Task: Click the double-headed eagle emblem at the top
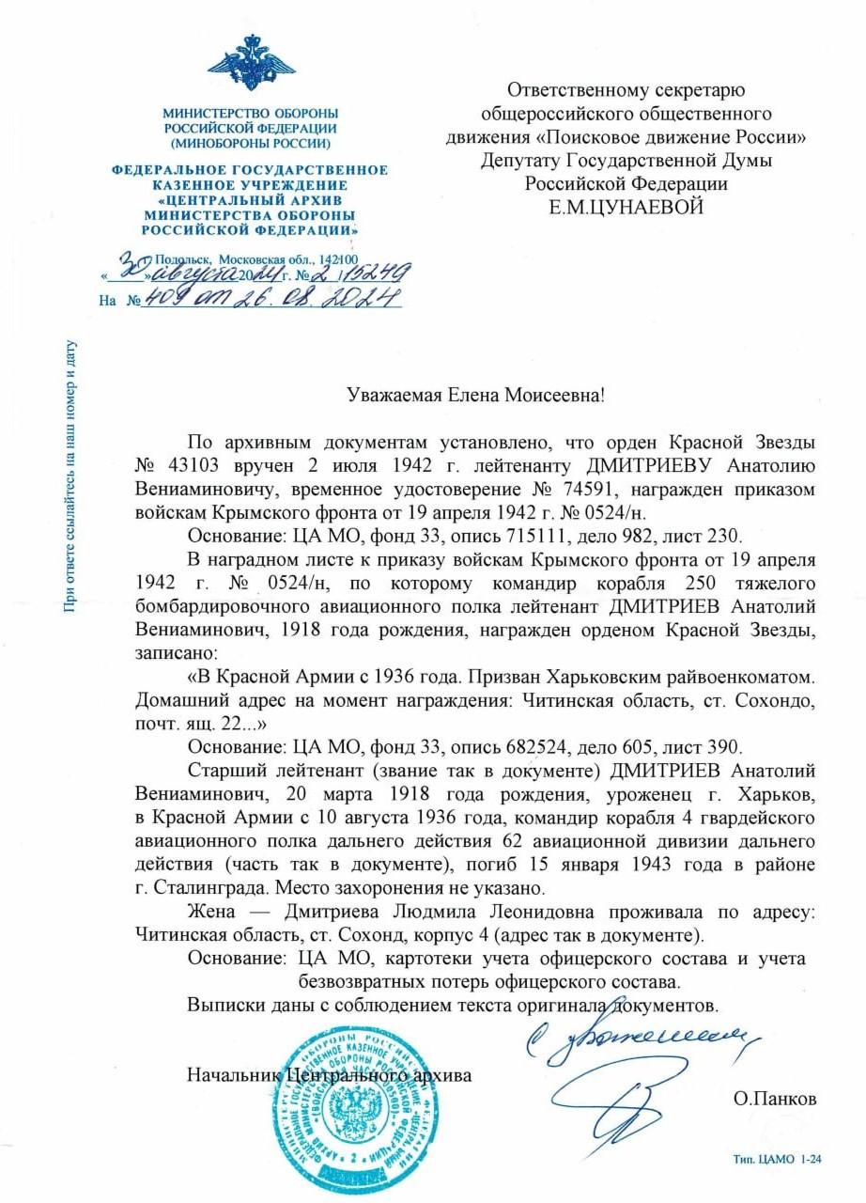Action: pos(250,65)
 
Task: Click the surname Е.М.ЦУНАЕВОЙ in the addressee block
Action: pos(626,206)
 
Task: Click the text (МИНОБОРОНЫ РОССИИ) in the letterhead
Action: pos(250,144)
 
